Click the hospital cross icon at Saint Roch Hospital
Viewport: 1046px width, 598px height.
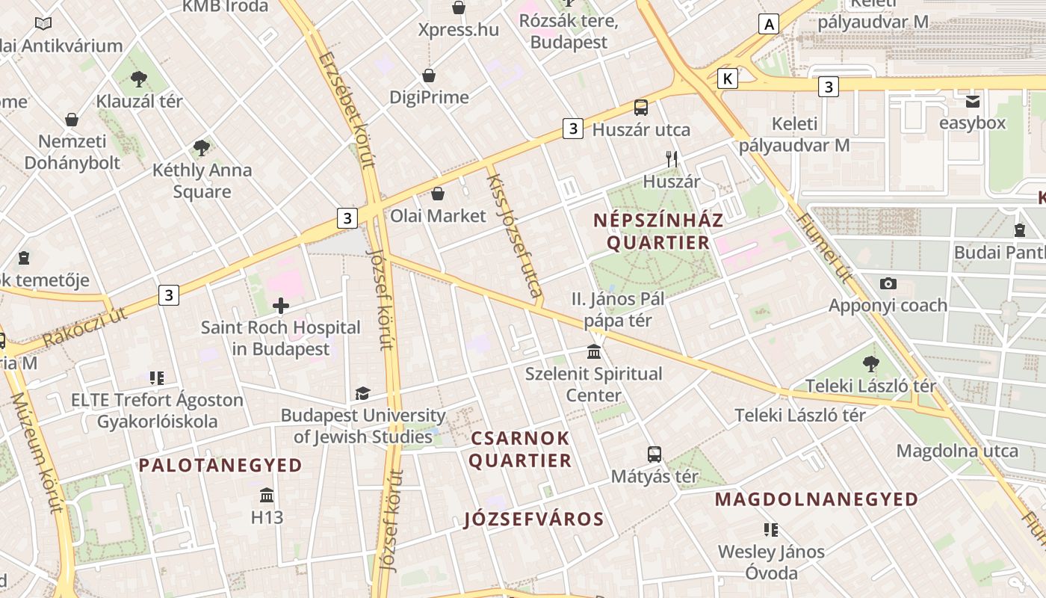tap(281, 305)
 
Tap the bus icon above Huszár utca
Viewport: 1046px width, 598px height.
tap(641, 107)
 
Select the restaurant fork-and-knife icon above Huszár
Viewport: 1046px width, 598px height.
tap(672, 158)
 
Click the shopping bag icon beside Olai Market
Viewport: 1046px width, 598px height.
tap(438, 194)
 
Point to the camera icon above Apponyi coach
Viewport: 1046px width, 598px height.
tap(888, 283)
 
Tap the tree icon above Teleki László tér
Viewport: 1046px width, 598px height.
tap(870, 364)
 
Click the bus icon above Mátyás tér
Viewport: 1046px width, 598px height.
tap(654, 454)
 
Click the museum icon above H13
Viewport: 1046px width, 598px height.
tap(267, 495)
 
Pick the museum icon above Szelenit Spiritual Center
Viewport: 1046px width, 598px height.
tap(594, 351)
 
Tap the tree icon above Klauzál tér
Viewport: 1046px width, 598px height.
tap(139, 78)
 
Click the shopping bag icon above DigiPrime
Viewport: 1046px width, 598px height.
tap(429, 75)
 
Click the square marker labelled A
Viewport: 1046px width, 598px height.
tap(769, 24)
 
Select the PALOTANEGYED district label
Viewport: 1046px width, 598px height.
tap(220, 465)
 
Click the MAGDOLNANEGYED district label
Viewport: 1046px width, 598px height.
tap(817, 499)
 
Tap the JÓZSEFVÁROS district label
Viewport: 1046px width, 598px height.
tap(533, 519)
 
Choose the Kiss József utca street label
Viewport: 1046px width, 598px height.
tap(514, 235)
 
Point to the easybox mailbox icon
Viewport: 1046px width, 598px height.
tap(973, 101)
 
